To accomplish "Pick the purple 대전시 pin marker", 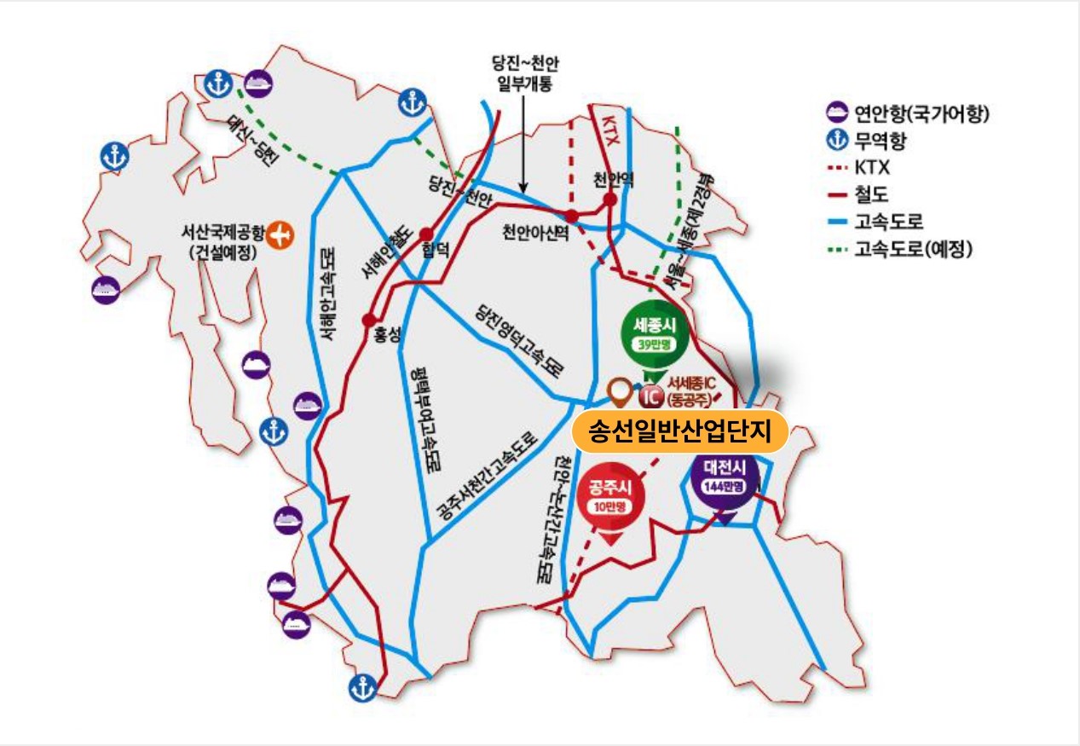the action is (x=725, y=477).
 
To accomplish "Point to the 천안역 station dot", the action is (x=610, y=200).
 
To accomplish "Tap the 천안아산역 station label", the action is (x=535, y=233).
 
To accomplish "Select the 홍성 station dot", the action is (x=368, y=321).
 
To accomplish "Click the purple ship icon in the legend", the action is (x=836, y=112).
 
